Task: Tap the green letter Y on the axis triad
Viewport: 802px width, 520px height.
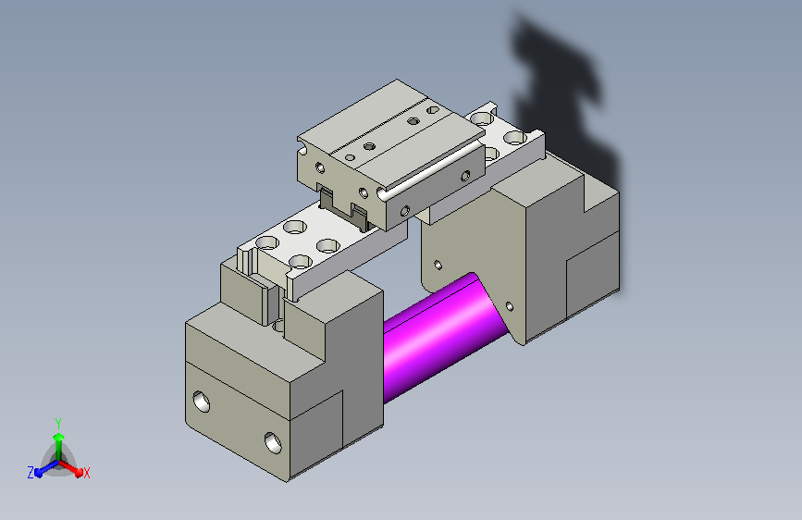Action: point(58,424)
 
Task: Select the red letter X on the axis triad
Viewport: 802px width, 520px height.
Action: point(86,473)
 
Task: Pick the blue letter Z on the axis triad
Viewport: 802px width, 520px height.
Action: point(31,473)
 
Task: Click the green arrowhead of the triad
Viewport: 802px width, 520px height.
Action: point(59,438)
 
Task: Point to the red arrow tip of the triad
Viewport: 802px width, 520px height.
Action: point(79,472)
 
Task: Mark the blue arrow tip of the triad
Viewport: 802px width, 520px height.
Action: point(40,473)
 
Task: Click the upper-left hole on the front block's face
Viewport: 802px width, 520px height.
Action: point(201,402)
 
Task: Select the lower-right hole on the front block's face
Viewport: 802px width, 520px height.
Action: point(273,442)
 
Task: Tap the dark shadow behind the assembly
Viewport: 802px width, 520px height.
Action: point(562,103)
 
